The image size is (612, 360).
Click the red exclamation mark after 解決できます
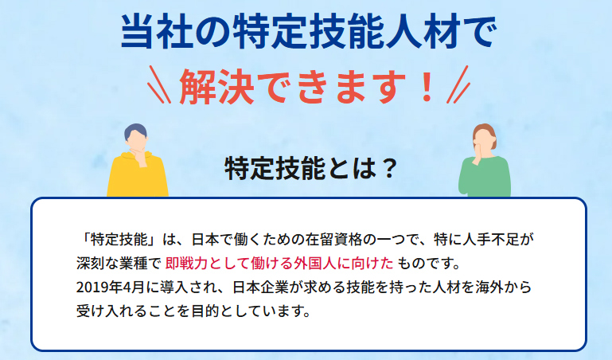pyautogui.click(x=426, y=86)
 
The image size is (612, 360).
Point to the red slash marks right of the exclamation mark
pyautogui.click(x=456, y=86)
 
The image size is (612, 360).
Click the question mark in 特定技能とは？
pyautogui.click(x=385, y=169)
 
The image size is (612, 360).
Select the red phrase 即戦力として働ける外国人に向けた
pyautogui.click(x=279, y=262)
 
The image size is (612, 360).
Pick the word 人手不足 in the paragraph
pyautogui.click(x=505, y=238)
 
